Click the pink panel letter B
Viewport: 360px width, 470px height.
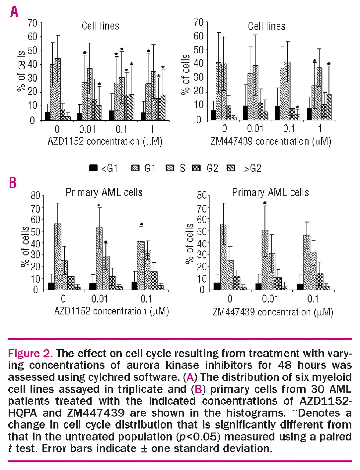12,182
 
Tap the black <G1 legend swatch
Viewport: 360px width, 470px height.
93,168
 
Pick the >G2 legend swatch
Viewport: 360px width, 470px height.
231,168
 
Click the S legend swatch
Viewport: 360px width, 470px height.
170,168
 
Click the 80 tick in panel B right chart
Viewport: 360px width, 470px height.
202,195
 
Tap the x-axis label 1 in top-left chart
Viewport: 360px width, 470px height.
152,129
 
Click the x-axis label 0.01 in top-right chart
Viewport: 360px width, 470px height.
255,129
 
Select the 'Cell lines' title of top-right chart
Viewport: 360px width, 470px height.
266,26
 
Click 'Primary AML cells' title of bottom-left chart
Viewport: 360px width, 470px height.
104,192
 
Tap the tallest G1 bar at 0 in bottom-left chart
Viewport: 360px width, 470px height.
58,257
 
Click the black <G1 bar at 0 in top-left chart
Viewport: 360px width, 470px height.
47,116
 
